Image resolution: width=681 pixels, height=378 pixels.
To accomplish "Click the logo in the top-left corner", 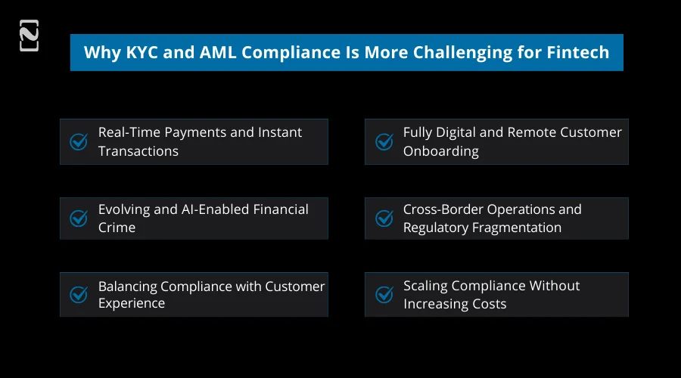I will point(29,36).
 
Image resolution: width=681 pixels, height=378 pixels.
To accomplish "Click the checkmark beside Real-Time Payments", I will point(79,142).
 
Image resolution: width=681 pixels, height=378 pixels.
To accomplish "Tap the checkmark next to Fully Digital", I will point(384,142).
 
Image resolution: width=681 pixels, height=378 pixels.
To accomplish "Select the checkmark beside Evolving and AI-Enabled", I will point(79,218).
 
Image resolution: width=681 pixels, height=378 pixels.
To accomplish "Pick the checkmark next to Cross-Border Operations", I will point(384,218).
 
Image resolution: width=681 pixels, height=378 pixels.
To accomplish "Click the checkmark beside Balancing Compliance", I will point(79,295).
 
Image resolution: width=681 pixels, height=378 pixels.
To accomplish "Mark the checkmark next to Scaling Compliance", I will point(384,295).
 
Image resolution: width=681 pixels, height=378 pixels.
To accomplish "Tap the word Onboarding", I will point(440,151).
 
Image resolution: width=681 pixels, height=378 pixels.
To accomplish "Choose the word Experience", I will point(132,304).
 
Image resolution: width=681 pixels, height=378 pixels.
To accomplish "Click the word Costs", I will point(489,304).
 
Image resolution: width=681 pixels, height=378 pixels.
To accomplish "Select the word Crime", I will point(117,228).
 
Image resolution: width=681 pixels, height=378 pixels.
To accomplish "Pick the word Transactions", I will point(138,151).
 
